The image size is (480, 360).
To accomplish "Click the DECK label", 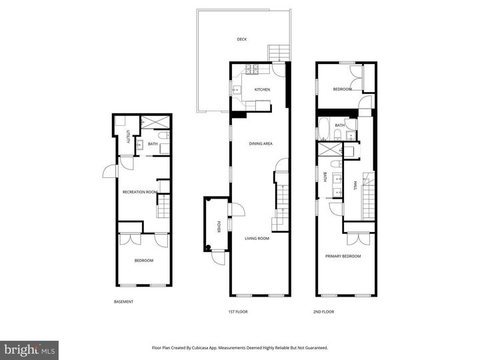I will [x=241, y=39].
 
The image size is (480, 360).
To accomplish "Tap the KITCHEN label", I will [x=261, y=90].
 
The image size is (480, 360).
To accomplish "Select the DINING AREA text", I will [x=261, y=143].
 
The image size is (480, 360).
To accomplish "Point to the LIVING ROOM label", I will [x=257, y=238].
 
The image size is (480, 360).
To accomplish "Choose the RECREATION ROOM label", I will [x=140, y=192].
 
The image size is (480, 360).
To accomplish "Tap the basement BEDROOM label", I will [x=144, y=261].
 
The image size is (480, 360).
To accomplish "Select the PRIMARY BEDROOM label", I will [x=343, y=256].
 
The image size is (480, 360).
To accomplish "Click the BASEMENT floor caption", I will [x=123, y=302].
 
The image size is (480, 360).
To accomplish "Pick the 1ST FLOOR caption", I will [x=237, y=311].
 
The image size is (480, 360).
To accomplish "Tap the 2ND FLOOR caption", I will [x=323, y=311].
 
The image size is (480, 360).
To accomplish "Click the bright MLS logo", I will [x=29, y=349].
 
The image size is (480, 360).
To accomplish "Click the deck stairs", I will [x=277, y=52].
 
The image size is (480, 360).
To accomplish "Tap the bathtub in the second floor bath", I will [x=324, y=127].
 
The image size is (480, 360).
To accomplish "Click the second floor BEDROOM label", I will [x=343, y=89].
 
